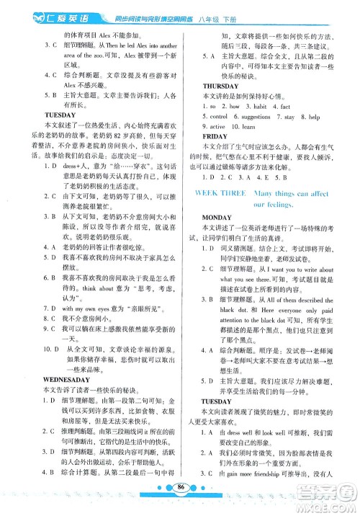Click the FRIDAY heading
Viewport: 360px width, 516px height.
[x=214, y=136]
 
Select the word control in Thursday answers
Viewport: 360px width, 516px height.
[x=217, y=116]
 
